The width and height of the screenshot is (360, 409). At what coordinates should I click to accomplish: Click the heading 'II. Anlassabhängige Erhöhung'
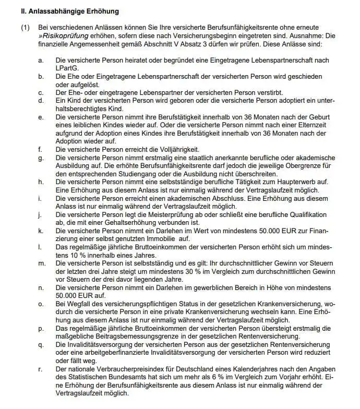pyautogui.click(x=70, y=10)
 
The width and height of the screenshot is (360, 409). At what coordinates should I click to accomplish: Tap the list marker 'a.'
pyautogui.click(x=41, y=61)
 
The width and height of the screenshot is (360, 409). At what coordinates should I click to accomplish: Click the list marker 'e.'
pyautogui.click(x=41, y=117)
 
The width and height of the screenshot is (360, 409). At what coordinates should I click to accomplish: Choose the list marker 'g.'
pyautogui.click(x=41, y=158)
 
